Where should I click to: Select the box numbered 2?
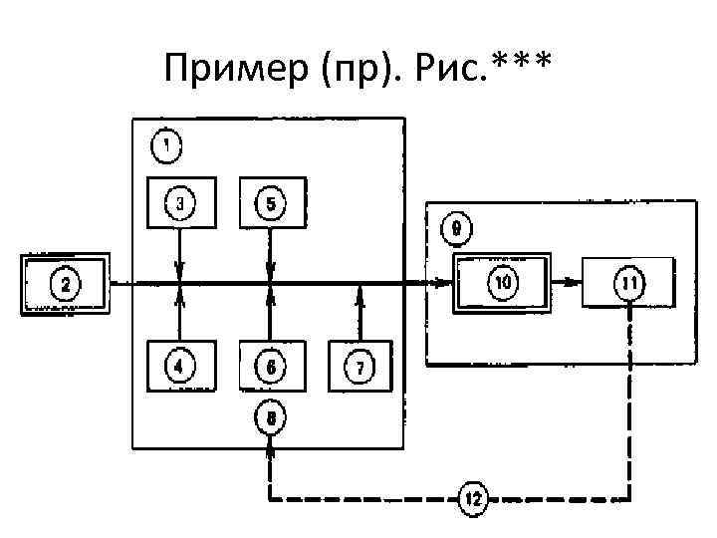click(66, 285)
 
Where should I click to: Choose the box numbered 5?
click(271, 204)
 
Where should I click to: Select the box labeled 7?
click(359, 366)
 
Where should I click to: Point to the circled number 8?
click(271, 416)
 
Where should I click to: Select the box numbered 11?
click(629, 284)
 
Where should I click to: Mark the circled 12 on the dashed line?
click(473, 498)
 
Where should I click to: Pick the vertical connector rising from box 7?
click(359, 313)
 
